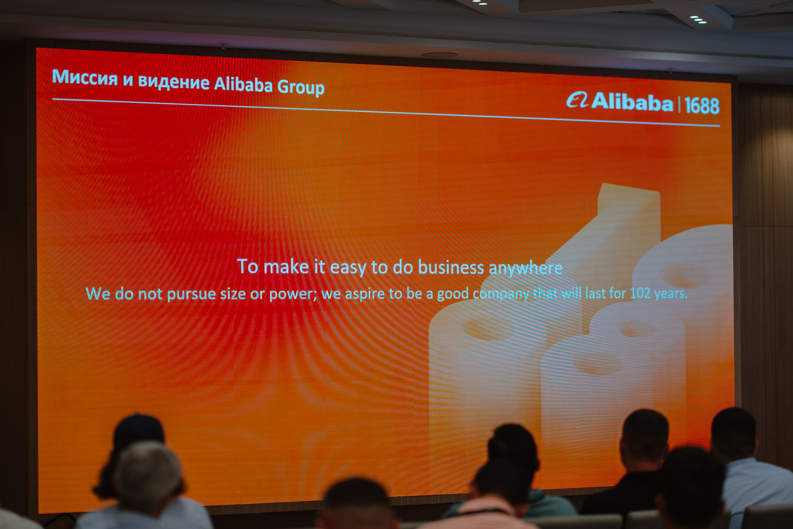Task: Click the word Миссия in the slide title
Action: click(x=85, y=77)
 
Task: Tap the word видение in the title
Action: click(x=174, y=82)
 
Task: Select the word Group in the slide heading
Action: click(x=301, y=87)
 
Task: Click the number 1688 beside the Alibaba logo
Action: click(x=702, y=106)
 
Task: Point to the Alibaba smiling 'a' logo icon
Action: click(x=577, y=100)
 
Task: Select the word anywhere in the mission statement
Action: click(x=526, y=269)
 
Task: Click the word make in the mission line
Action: click(x=286, y=267)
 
